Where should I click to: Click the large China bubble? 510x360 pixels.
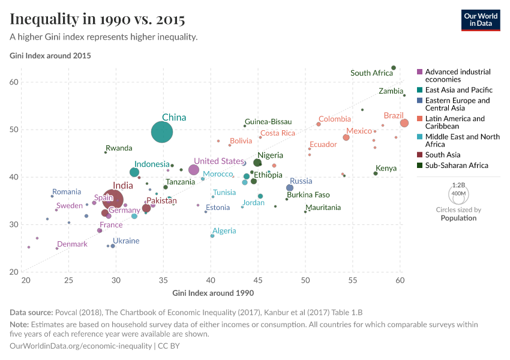pyautogui.click(x=162, y=132)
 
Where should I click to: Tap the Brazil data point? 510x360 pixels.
pyautogui.click(x=404, y=123)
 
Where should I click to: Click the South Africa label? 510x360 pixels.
pyautogui.click(x=371, y=73)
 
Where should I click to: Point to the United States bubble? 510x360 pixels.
pyautogui.click(x=194, y=170)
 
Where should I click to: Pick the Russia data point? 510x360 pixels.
pyautogui.click(x=290, y=188)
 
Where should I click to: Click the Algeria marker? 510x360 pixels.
pyautogui.click(x=212, y=236)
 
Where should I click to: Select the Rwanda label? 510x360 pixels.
pyautogui.click(x=119, y=148)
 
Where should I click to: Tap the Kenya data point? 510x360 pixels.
pyautogui.click(x=376, y=173)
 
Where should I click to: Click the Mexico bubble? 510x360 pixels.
pyautogui.click(x=346, y=137)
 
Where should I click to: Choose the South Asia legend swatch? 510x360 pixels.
pyautogui.click(x=420, y=155)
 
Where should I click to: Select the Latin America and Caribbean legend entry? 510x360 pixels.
pyautogui.click(x=455, y=122)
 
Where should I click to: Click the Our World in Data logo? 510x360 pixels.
pyautogui.click(x=481, y=20)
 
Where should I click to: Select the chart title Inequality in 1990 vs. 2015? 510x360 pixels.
pyautogui.click(x=97, y=20)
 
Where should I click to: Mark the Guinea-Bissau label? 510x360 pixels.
pyautogui.click(x=268, y=121)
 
